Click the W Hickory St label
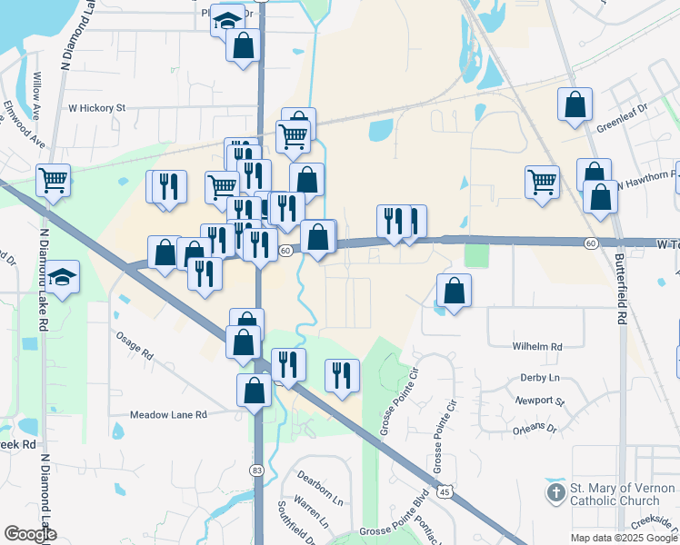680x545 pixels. click(x=97, y=107)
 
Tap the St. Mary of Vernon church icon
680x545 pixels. click(x=555, y=494)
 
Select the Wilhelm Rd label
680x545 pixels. click(x=537, y=346)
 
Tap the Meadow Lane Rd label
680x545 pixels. click(x=168, y=414)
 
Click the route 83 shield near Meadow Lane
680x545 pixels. click(x=259, y=470)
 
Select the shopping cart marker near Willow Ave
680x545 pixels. click(x=54, y=180)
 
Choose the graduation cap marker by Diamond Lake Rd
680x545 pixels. click(x=63, y=277)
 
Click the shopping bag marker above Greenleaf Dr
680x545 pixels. click(x=575, y=104)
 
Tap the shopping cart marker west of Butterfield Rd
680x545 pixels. click(x=542, y=181)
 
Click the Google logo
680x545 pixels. click(x=31, y=534)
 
